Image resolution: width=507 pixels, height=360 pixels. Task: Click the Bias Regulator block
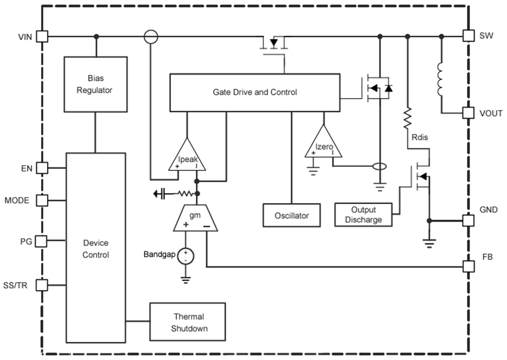coord(95,84)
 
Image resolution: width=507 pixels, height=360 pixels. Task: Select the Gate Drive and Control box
coord(254,92)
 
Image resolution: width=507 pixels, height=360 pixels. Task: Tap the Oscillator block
coord(291,215)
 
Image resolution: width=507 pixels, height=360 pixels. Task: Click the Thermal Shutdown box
coord(188,322)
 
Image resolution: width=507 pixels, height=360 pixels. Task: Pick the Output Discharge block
coord(364,215)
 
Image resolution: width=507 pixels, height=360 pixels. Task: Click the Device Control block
coord(95,248)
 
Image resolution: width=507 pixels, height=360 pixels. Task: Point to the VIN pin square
coord(42,36)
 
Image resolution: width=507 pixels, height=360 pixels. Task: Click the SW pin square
coord(468,36)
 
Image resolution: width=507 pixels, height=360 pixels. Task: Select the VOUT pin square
coord(468,113)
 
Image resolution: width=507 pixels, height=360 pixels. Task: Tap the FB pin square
coord(468,266)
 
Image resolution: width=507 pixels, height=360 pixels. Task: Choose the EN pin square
coord(42,168)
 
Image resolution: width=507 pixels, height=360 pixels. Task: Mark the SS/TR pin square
coord(42,285)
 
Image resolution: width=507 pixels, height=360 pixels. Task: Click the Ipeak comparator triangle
coord(187,157)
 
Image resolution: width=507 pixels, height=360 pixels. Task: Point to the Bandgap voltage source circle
coord(186,256)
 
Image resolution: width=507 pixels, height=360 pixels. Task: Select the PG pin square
coord(42,241)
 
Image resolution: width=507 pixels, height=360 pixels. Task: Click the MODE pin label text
coord(17,201)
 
